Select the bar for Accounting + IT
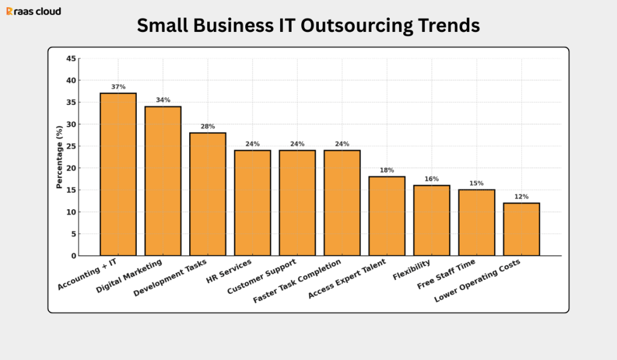pos(118,174)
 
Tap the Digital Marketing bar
pos(163,181)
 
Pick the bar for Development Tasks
pos(208,194)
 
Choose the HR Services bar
pos(252,203)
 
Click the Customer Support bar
pos(297,203)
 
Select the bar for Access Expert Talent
pos(387,216)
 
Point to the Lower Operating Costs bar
pos(521,229)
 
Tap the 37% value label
pos(118,87)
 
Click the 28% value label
pos(208,126)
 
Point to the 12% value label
pos(521,197)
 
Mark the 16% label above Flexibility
pos(431,179)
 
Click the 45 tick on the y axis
pos(71,58)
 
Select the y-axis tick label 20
pos(71,168)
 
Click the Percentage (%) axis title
pos(59,157)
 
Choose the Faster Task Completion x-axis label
pos(297,282)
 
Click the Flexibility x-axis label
pos(411,269)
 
